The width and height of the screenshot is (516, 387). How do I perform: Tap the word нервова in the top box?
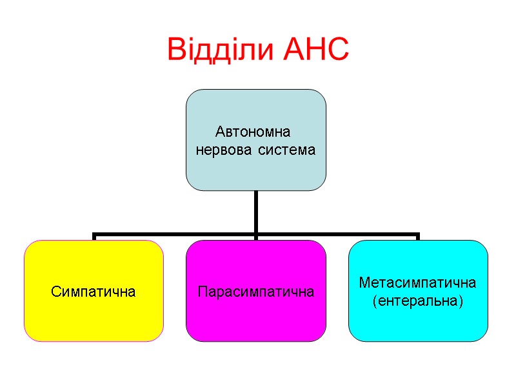click(x=223, y=150)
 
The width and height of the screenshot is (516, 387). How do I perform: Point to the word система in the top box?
click(x=287, y=150)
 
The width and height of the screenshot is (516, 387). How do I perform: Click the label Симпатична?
click(x=94, y=292)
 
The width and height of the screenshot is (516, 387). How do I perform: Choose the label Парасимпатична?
click(x=256, y=292)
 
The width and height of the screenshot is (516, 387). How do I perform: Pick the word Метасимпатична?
click(x=418, y=283)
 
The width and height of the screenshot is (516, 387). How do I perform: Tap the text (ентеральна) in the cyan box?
click(x=418, y=301)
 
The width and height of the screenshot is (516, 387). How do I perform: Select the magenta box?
click(x=256, y=319)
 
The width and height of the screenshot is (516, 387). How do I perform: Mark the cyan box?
click(x=418, y=322)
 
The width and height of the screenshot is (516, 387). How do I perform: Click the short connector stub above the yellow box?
click(x=94, y=237)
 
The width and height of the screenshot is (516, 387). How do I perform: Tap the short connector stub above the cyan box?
click(x=418, y=237)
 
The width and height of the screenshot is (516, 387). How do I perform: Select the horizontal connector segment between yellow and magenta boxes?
click(x=174, y=234)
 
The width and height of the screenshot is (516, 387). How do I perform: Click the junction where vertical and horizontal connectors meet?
click(x=256, y=234)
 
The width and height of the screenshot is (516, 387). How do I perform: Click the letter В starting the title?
click(x=175, y=50)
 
